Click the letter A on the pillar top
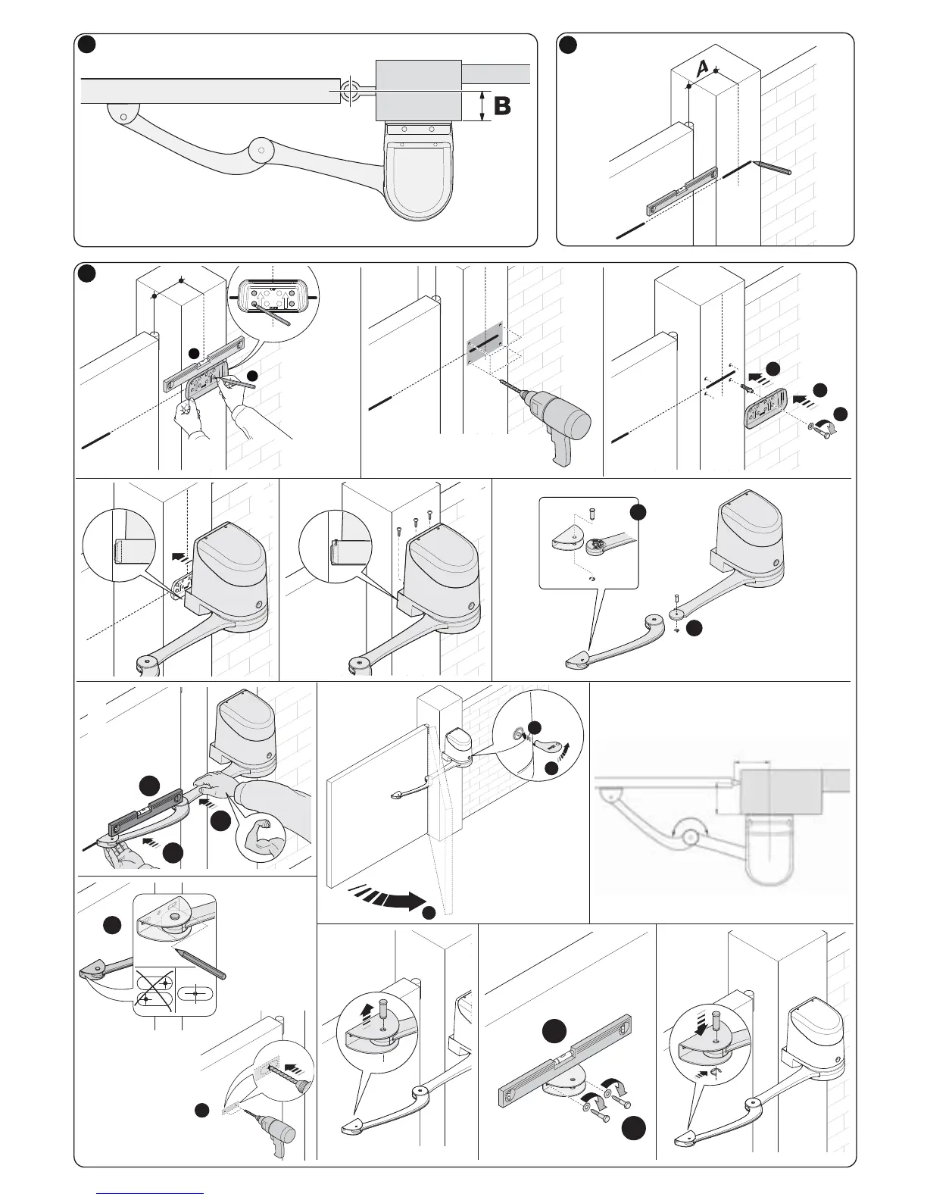[702, 67]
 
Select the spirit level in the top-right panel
[682, 190]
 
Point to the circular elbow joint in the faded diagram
[689, 836]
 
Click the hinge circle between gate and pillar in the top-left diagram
[350, 92]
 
